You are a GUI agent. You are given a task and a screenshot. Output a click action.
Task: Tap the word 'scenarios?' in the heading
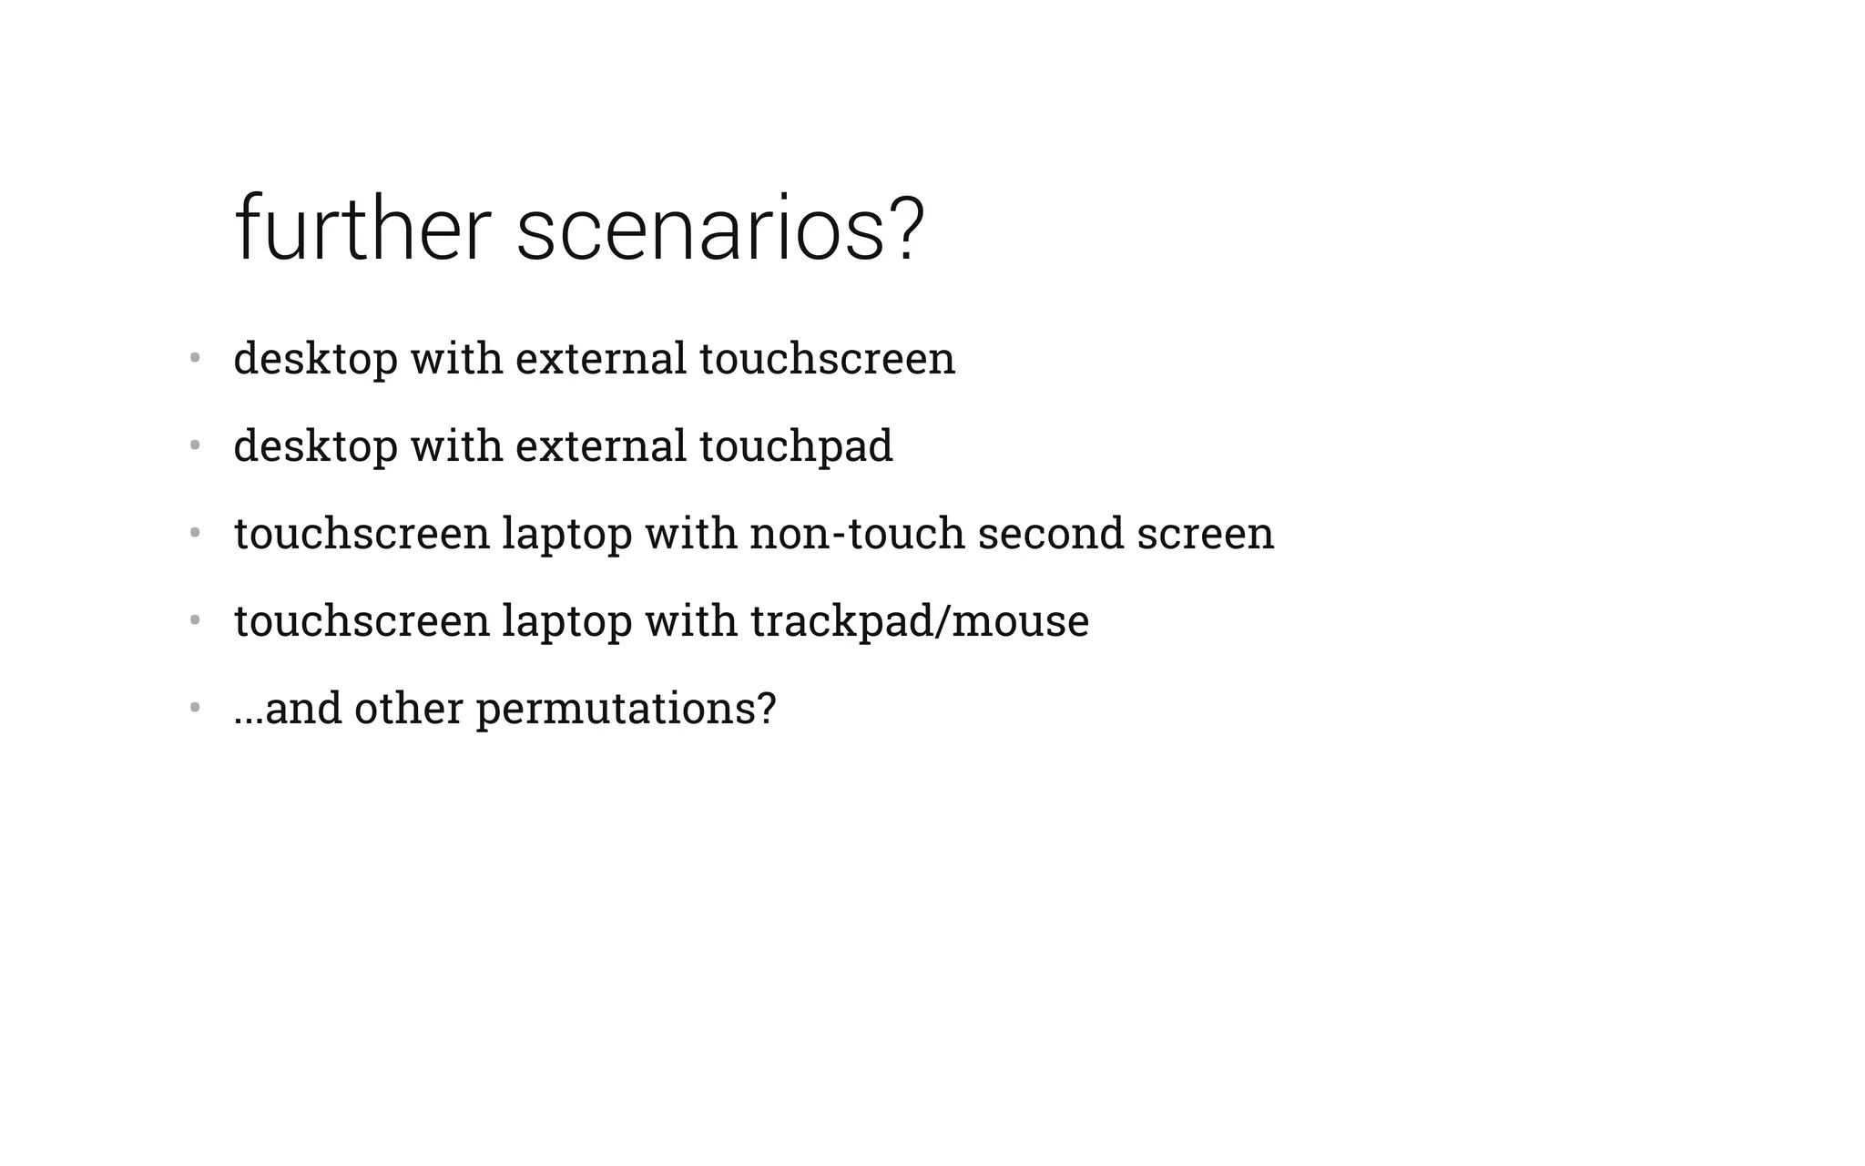pyautogui.click(x=720, y=230)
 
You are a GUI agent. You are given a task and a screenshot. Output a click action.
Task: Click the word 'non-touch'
pyautogui.click(x=857, y=534)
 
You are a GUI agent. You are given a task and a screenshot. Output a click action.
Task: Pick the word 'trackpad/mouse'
pyautogui.click(x=920, y=621)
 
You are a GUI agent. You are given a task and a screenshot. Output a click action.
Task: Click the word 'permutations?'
pyautogui.click(x=627, y=709)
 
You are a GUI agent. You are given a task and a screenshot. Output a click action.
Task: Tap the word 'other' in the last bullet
pyautogui.click(x=408, y=709)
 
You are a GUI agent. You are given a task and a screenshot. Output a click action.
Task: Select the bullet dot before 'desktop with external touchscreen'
pyautogui.click(x=194, y=358)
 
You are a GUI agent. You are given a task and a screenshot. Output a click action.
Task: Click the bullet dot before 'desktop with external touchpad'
pyautogui.click(x=194, y=445)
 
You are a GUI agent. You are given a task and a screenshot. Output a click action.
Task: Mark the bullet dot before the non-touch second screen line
pyautogui.click(x=194, y=533)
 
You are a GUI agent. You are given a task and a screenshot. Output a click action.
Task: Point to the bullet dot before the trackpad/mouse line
pyautogui.click(x=194, y=620)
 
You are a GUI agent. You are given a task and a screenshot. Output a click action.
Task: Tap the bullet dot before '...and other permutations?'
pyautogui.click(x=194, y=708)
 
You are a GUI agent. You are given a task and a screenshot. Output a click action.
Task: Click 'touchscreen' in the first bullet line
pyautogui.click(x=827, y=359)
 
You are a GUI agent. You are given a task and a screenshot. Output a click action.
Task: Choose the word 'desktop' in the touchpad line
pyautogui.click(x=315, y=446)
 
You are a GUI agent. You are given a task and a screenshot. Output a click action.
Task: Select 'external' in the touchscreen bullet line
pyautogui.click(x=601, y=359)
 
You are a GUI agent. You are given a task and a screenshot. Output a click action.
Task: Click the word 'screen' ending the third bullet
pyautogui.click(x=1205, y=534)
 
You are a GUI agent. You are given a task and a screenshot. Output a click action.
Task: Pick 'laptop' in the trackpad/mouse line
pyautogui.click(x=566, y=621)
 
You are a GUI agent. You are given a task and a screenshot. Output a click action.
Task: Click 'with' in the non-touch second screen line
pyautogui.click(x=691, y=534)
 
